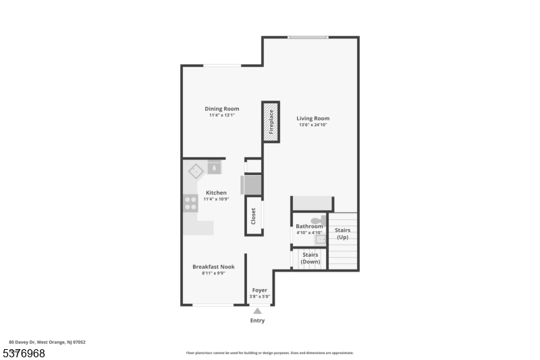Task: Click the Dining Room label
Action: (222, 109)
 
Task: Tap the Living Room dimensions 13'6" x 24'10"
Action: (313, 125)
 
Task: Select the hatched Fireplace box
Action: (271, 122)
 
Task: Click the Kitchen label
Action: (216, 192)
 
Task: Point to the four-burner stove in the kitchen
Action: (190, 203)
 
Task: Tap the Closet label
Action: (254, 216)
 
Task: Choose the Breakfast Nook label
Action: (213, 267)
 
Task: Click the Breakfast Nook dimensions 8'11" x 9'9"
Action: (213, 273)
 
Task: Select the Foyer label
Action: (260, 290)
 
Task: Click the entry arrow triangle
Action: (257, 311)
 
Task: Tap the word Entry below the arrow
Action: (257, 320)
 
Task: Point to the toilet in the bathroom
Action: (318, 220)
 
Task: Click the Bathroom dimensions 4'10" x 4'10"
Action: (309, 232)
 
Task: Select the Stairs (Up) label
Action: (343, 234)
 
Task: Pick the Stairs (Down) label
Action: (310, 258)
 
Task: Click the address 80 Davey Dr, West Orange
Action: (47, 342)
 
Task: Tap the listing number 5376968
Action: (24, 353)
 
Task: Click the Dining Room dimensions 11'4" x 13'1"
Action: (222, 115)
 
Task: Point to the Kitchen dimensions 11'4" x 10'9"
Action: (216, 199)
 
